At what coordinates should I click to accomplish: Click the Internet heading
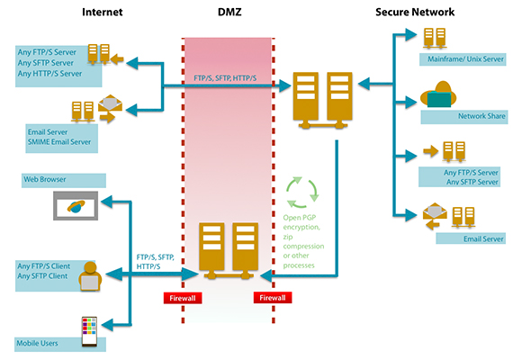click(103, 12)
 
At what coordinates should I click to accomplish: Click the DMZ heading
click(229, 12)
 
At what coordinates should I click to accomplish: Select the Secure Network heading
click(415, 12)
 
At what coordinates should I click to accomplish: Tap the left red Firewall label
click(183, 298)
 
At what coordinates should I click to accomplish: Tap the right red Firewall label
click(273, 298)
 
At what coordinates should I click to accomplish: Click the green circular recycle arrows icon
click(302, 193)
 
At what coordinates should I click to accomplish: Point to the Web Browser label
click(45, 179)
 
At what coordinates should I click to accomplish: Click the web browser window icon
click(76, 205)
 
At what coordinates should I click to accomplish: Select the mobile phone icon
click(89, 332)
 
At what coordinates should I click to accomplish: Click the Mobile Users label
click(37, 343)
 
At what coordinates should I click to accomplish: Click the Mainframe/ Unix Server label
click(465, 58)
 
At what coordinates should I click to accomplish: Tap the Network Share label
click(481, 116)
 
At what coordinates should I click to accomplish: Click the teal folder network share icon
click(438, 94)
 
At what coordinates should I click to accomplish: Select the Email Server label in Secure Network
click(483, 238)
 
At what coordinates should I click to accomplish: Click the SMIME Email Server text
click(59, 142)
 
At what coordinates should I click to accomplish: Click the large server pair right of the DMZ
click(322, 100)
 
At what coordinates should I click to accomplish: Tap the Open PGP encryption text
click(301, 222)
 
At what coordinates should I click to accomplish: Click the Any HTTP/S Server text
click(49, 74)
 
